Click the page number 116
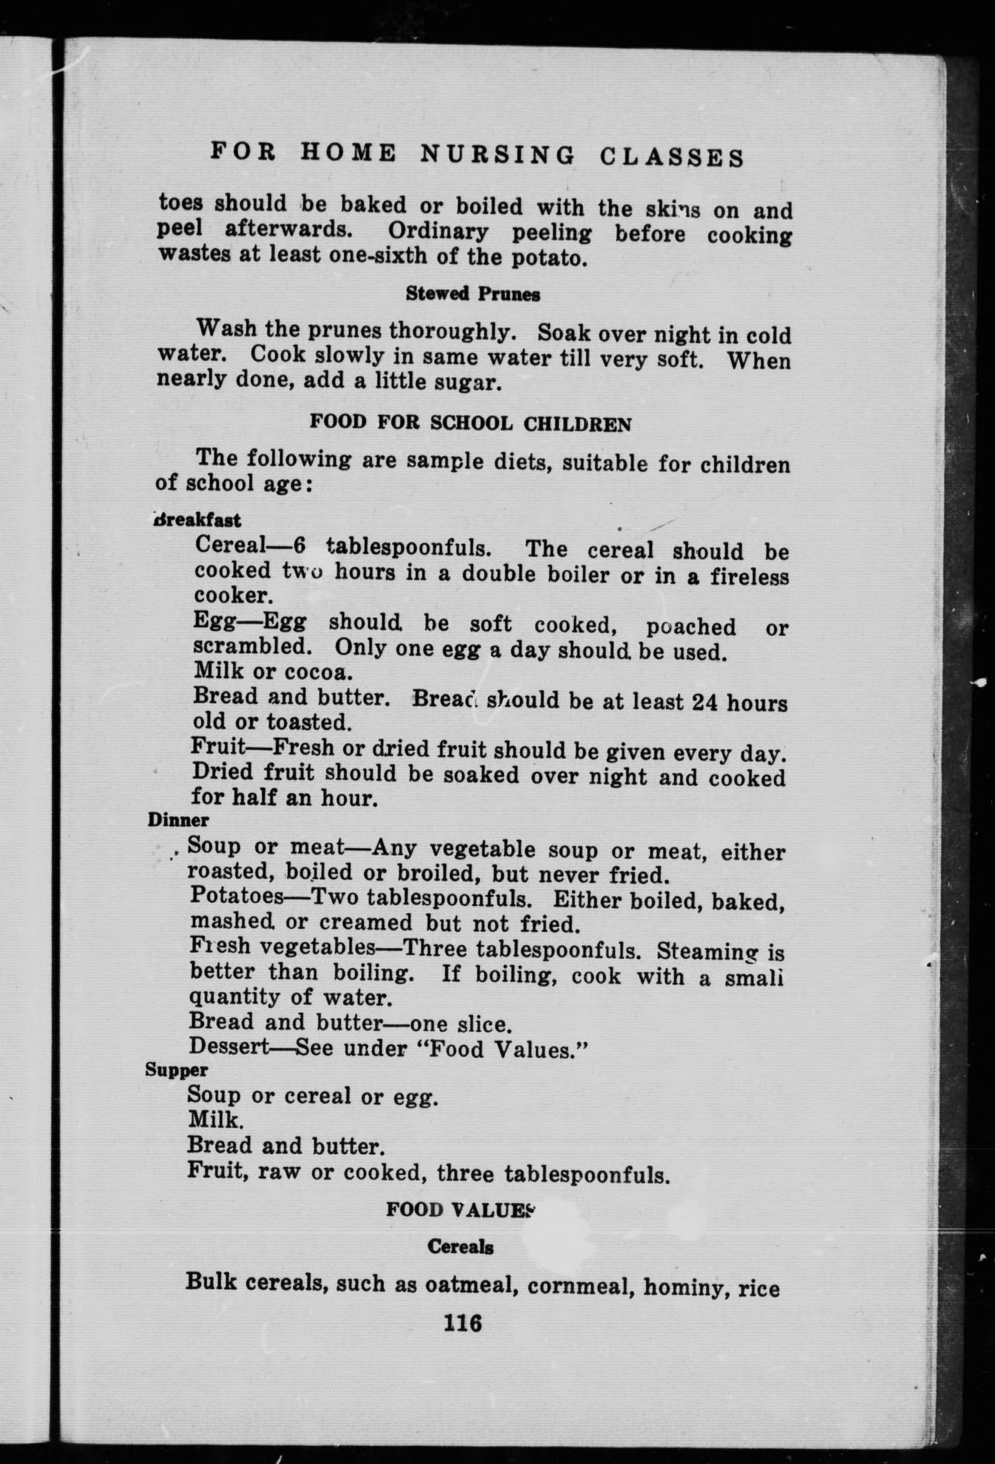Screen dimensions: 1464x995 tap(463, 1322)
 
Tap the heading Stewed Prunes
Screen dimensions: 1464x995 tap(472, 294)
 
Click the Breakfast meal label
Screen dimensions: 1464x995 tap(197, 520)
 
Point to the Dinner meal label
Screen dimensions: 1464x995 tap(178, 820)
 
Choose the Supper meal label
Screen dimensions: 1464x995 tap(177, 1069)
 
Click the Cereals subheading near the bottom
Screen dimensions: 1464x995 tap(460, 1247)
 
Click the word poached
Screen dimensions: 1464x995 tap(690, 627)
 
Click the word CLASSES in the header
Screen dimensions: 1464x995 tap(672, 157)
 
